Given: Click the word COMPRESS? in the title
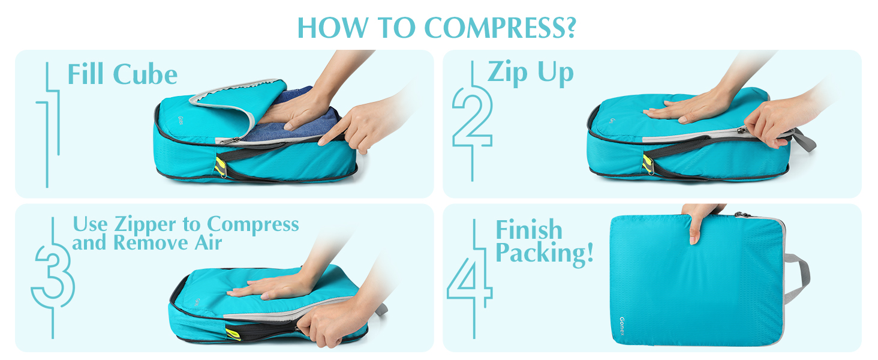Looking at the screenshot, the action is coord(500,28).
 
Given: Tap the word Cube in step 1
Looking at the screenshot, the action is coord(145,74).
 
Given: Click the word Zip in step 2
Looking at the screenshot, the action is coord(507,73).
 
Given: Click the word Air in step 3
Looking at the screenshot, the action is coord(208,242).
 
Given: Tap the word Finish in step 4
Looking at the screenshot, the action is coord(529,229).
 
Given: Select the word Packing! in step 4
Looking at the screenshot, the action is coord(545,253).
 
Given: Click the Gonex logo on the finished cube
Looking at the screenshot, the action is coord(622,326).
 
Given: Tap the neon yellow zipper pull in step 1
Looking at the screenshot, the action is coord(220,167).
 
